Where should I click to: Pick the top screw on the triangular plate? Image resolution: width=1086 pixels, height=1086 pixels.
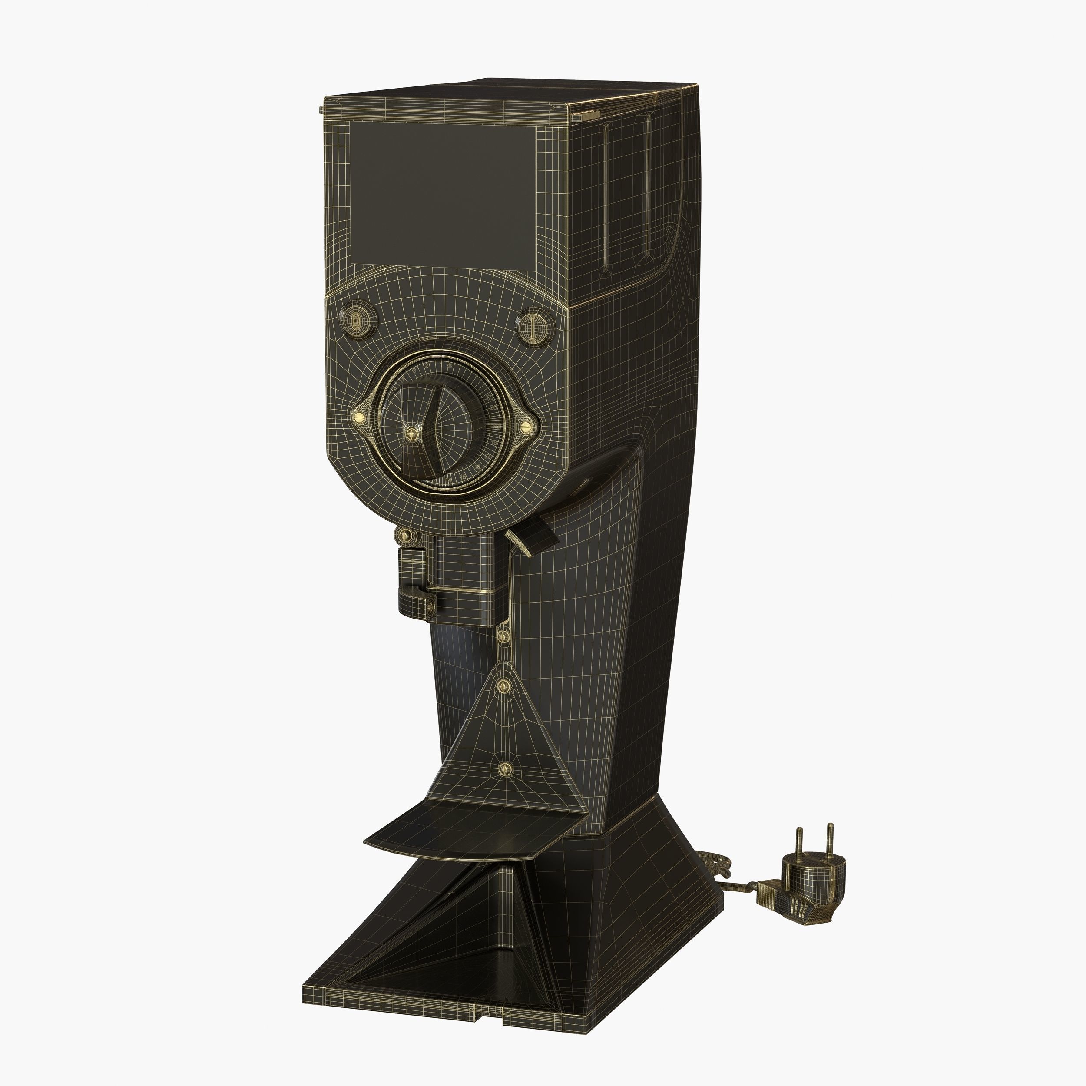(x=504, y=686)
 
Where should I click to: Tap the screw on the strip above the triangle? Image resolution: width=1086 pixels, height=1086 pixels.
(x=503, y=636)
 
